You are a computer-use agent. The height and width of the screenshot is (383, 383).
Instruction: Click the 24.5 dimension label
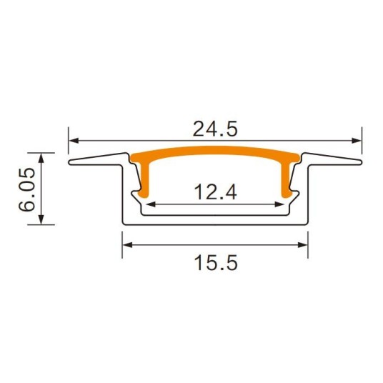(x=215, y=129)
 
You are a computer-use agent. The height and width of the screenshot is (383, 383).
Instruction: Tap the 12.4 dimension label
(x=215, y=192)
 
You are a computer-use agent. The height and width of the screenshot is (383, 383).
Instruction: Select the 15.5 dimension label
(x=216, y=263)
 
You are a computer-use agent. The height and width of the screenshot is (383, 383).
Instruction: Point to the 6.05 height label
(x=26, y=189)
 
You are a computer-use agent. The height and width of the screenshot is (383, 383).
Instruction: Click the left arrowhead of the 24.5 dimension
(x=74, y=141)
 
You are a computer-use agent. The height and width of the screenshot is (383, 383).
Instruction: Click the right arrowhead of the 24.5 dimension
(x=357, y=141)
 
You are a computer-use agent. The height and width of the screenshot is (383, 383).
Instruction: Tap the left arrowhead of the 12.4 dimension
(x=151, y=204)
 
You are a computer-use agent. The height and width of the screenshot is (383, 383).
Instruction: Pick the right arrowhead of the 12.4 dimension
(x=279, y=204)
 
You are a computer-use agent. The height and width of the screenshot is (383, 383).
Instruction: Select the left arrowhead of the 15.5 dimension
(x=127, y=245)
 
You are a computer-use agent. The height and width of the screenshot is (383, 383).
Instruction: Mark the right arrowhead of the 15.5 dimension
(x=303, y=245)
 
